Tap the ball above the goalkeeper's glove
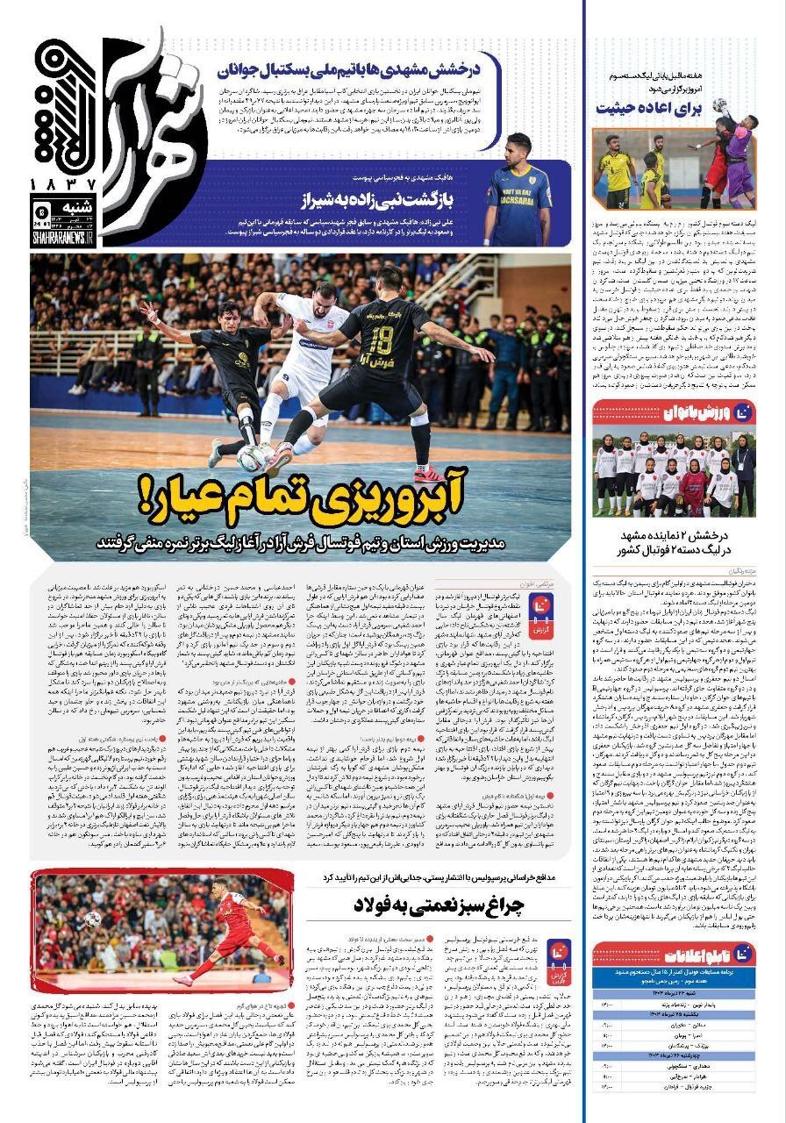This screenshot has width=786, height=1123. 719,104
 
